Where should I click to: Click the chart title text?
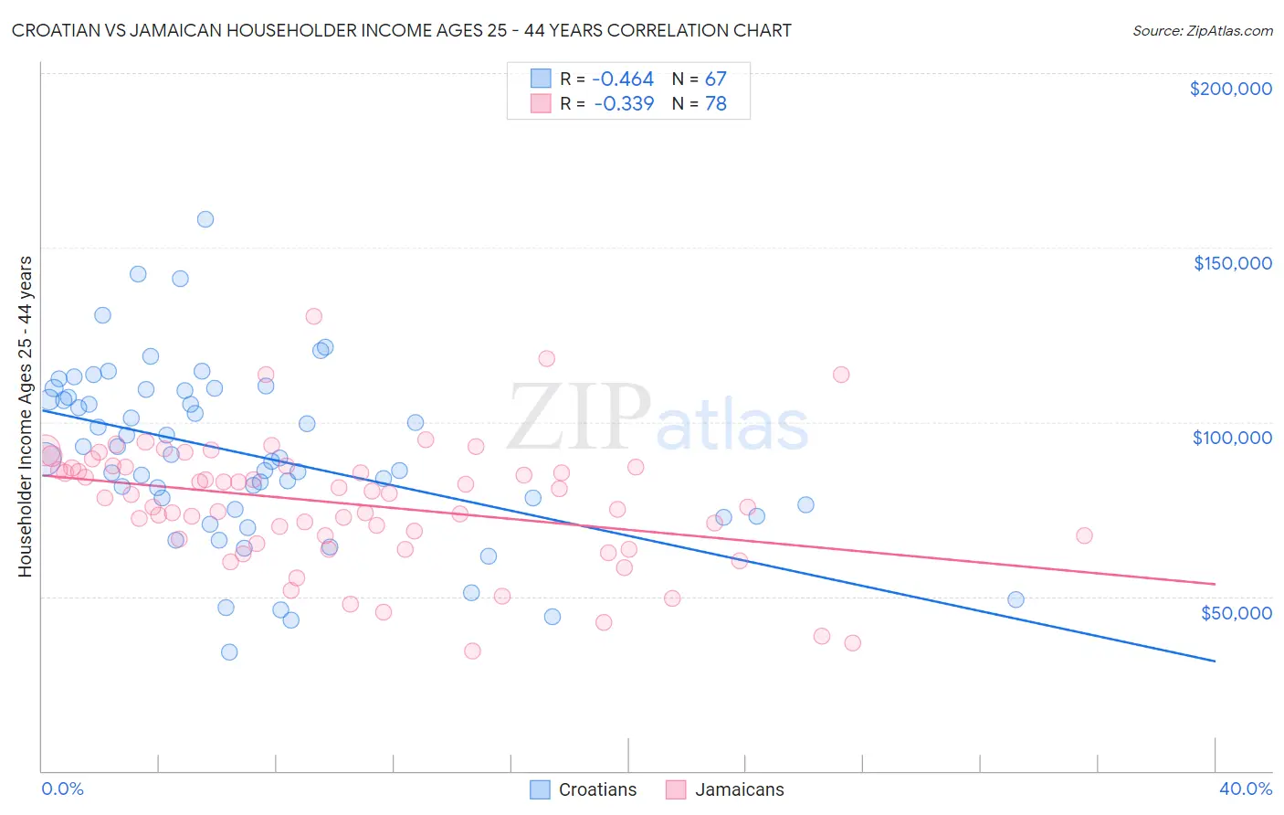tap(402, 30)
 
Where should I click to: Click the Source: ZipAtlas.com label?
tap(1202, 30)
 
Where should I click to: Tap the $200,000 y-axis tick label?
tap(1230, 89)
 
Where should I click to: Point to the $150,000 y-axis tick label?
tap(1232, 263)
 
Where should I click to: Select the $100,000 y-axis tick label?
tap(1232, 438)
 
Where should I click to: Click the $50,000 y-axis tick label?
tap(1236, 612)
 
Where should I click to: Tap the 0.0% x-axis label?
tap(62, 789)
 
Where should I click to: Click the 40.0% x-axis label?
tap(1245, 789)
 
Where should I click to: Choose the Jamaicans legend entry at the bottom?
tap(726, 789)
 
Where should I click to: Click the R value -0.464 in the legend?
tap(624, 79)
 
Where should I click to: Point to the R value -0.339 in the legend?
tap(624, 103)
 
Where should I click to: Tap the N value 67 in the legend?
tap(715, 79)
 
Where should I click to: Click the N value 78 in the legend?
tap(715, 103)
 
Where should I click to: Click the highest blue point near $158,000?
tap(205, 219)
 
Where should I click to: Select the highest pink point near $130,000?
tap(313, 316)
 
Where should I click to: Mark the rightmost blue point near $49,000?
tap(1016, 599)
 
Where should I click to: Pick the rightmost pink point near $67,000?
tap(1084, 535)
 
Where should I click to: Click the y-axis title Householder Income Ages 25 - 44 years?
tap(26, 417)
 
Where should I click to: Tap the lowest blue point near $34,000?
tap(229, 651)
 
